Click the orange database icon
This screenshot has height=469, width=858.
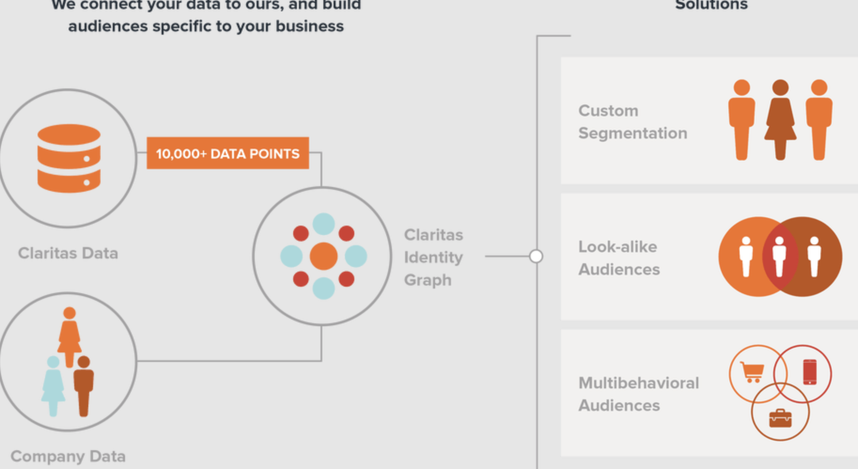(69, 158)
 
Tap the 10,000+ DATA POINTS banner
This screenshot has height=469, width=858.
(227, 153)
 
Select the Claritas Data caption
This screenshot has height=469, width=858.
(68, 253)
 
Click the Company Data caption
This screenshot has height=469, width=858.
(68, 456)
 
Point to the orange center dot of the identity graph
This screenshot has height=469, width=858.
(323, 256)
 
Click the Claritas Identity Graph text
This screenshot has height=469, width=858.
(433, 257)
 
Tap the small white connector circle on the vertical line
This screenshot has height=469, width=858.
(536, 256)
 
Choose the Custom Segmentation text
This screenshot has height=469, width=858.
(632, 122)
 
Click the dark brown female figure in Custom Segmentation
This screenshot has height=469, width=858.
(780, 120)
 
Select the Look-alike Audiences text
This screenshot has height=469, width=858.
(619, 258)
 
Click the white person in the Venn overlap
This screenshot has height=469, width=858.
(779, 256)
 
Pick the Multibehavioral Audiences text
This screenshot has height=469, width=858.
(639, 394)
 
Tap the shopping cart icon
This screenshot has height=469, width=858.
(752, 372)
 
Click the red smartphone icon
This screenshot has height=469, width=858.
(810, 372)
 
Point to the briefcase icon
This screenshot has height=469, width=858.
(780, 418)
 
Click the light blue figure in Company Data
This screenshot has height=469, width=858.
(53, 385)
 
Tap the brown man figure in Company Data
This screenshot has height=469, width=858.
(84, 385)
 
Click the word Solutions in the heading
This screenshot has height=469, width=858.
(711, 5)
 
